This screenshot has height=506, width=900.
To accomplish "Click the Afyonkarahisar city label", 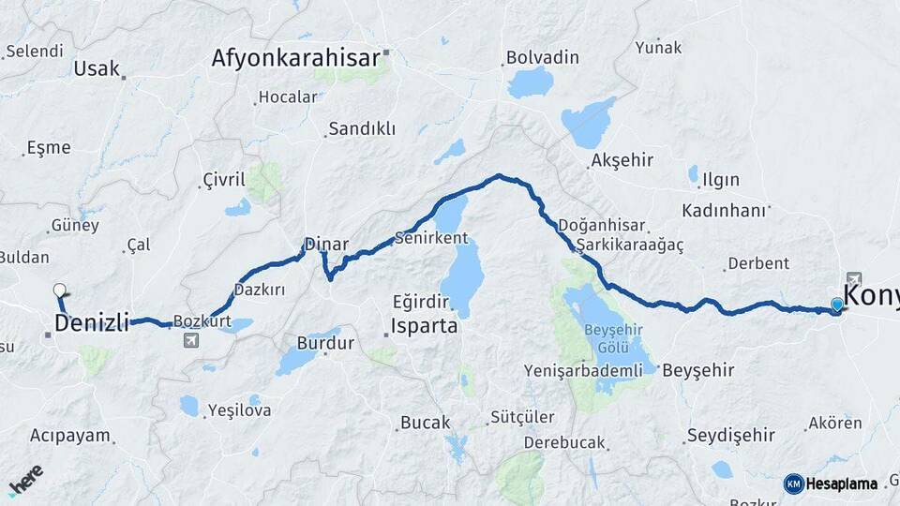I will [295, 57].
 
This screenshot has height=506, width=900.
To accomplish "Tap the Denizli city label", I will [91, 323].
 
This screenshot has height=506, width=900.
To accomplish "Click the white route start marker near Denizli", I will [60, 290].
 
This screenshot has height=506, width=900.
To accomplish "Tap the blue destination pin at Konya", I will [836, 305].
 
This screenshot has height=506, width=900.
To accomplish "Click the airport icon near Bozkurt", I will [192, 339].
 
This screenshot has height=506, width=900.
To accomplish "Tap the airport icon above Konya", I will [853, 278].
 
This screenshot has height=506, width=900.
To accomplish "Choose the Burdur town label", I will [325, 343].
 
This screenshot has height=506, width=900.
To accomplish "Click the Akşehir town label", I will [622, 160].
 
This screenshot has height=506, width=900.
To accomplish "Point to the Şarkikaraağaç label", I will [630, 244].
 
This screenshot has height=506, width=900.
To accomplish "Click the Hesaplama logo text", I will [841, 484].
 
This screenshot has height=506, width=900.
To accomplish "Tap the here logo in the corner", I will [25, 481].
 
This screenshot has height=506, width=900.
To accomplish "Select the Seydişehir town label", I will [730, 435].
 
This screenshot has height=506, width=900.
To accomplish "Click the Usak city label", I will [97, 68].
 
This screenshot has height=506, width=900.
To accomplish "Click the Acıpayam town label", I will [70, 436].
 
